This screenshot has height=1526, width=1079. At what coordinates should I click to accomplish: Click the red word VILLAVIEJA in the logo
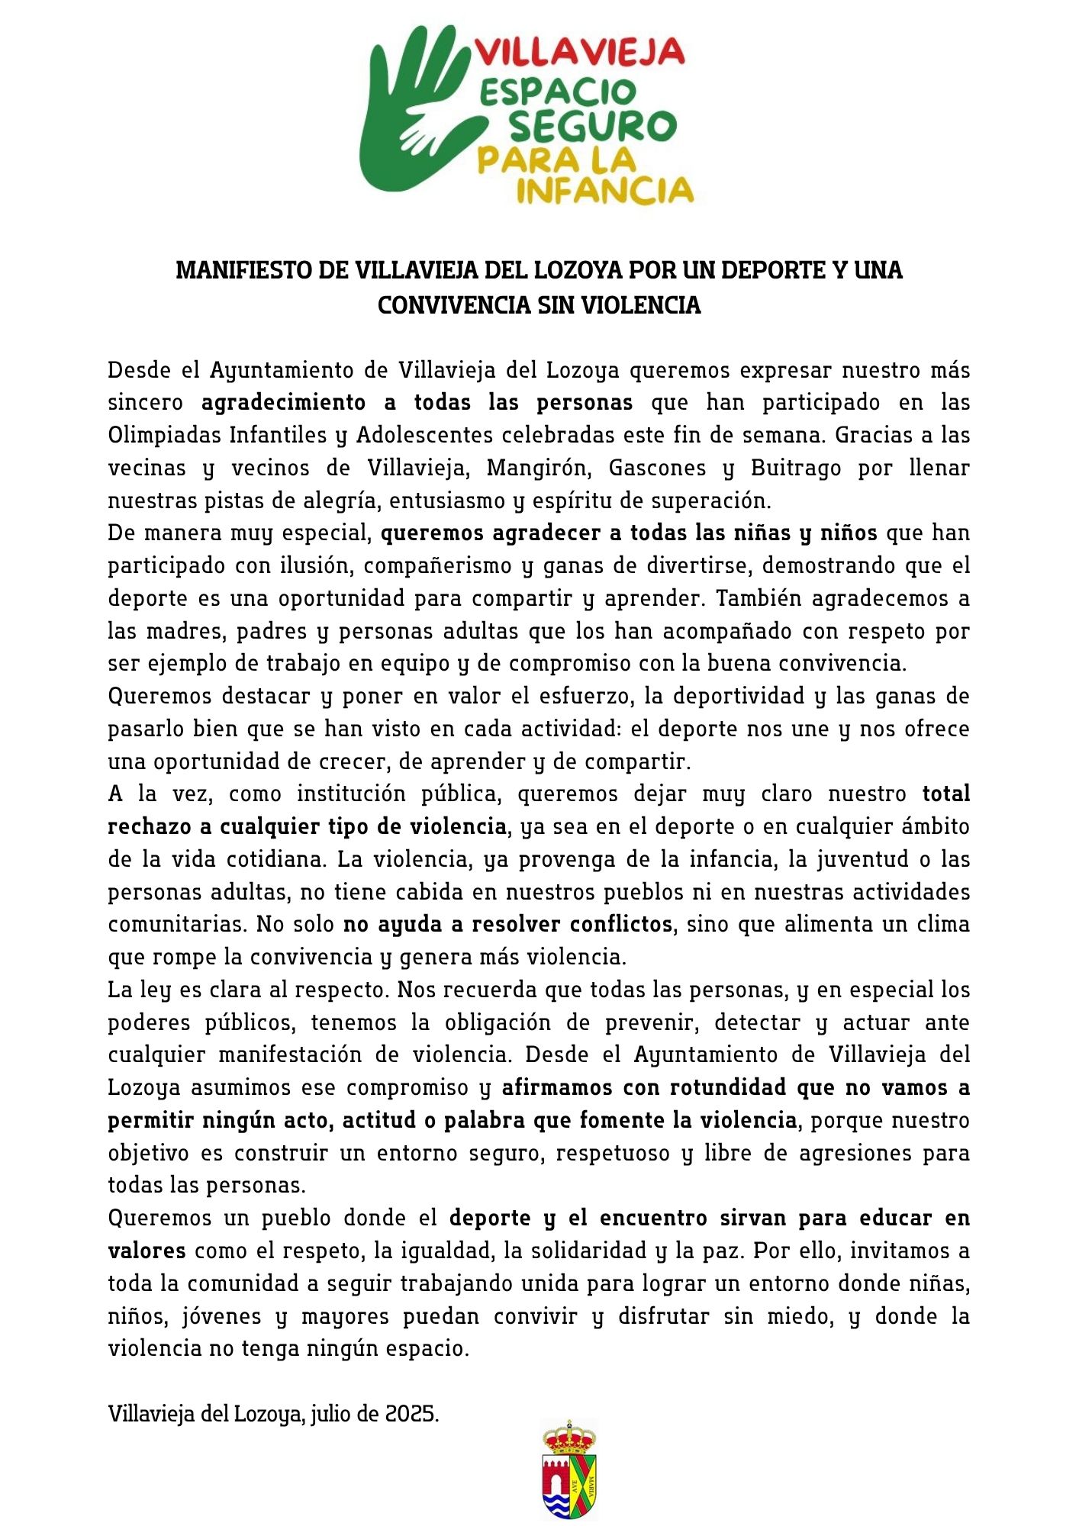580,52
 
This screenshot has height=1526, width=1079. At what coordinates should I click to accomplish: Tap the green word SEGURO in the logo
592,126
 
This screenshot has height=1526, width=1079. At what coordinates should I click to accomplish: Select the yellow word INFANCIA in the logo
604,190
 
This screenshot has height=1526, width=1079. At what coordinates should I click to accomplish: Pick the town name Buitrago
795,468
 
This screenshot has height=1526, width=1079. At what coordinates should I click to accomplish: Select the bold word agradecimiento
283,402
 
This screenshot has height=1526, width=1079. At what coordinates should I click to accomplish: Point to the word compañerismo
437,565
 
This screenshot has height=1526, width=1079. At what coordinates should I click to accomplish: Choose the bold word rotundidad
728,1088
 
